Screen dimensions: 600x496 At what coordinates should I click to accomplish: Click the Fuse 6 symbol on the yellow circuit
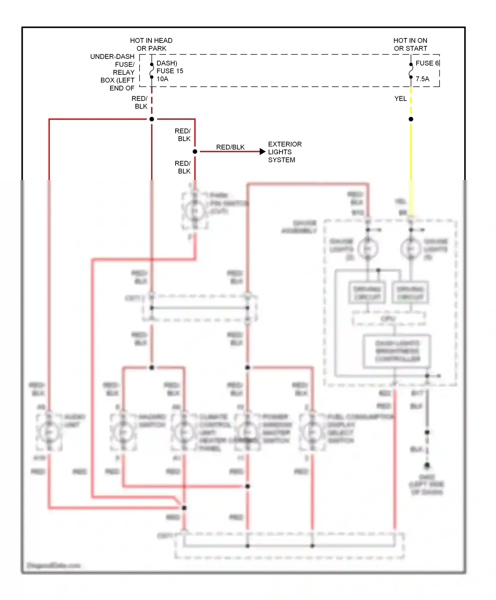[411, 71]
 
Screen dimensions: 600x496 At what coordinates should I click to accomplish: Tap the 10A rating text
[162, 79]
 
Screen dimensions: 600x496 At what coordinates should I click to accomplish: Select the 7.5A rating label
[422, 79]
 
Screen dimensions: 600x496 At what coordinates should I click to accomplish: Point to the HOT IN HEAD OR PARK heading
[151, 44]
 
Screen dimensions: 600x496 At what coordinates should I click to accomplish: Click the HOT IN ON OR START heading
[410, 44]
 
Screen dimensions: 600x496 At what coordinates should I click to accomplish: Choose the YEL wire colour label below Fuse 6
[400, 99]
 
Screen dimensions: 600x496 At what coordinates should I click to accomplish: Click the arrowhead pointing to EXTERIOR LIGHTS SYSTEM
[263, 151]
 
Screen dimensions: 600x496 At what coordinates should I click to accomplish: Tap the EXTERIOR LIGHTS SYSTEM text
[284, 152]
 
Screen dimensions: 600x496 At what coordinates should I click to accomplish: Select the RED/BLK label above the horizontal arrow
[230, 147]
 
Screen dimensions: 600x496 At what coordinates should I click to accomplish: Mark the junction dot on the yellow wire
[411, 119]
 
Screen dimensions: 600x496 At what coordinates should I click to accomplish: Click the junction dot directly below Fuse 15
[152, 119]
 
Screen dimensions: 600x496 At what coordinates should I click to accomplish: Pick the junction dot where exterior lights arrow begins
[195, 151]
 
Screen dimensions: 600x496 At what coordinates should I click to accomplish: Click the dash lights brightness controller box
[397, 351]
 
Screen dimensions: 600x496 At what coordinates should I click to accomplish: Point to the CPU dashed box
[389, 319]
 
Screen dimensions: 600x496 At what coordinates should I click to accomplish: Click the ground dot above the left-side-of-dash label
[427, 465]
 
